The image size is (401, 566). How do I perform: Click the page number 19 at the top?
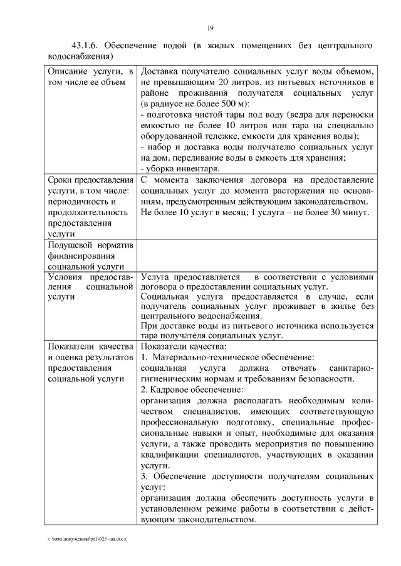[x=211, y=27]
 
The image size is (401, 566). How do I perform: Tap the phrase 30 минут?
[x=351, y=213]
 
